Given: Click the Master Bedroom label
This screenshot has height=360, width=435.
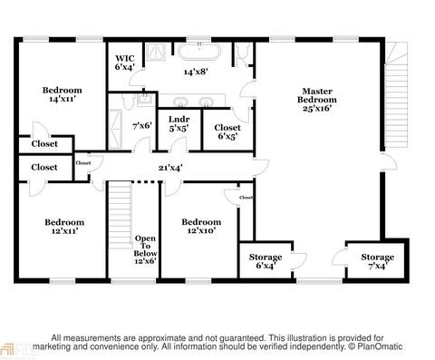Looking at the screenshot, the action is click(317, 100).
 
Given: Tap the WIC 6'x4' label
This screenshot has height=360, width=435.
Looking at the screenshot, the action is click(124, 63).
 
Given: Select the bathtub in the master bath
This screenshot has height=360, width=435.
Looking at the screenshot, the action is click(199, 52).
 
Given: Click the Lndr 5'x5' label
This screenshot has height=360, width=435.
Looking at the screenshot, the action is click(179, 124).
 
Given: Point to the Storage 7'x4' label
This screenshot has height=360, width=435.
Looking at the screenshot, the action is click(378, 261).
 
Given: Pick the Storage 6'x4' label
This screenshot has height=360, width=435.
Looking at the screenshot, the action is click(266, 261).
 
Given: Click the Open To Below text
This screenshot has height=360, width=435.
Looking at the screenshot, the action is click(145, 246).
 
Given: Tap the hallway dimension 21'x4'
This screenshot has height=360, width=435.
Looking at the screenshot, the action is click(170, 167).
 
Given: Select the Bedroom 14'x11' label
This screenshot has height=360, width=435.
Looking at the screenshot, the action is click(62, 94).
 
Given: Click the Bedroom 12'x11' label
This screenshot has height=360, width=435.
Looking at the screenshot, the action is click(64, 227).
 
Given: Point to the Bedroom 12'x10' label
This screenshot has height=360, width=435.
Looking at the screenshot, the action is click(201, 227).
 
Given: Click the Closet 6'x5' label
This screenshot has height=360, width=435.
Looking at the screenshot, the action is click(227, 132).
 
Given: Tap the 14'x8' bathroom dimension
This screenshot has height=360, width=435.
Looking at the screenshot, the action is click(196, 72).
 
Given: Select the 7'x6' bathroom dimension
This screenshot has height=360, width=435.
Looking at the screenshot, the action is click(142, 125).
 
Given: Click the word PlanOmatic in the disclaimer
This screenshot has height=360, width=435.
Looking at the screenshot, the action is click(380, 346).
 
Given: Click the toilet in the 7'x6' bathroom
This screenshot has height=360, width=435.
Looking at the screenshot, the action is click(129, 101).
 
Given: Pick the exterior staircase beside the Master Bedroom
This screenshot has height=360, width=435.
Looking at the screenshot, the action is click(396, 94).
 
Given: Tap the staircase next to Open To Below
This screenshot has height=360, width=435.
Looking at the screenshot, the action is click(121, 215).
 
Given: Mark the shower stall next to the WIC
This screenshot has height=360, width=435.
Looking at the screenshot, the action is click(157, 52).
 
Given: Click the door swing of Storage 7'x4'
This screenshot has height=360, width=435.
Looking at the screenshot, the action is click(339, 257).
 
